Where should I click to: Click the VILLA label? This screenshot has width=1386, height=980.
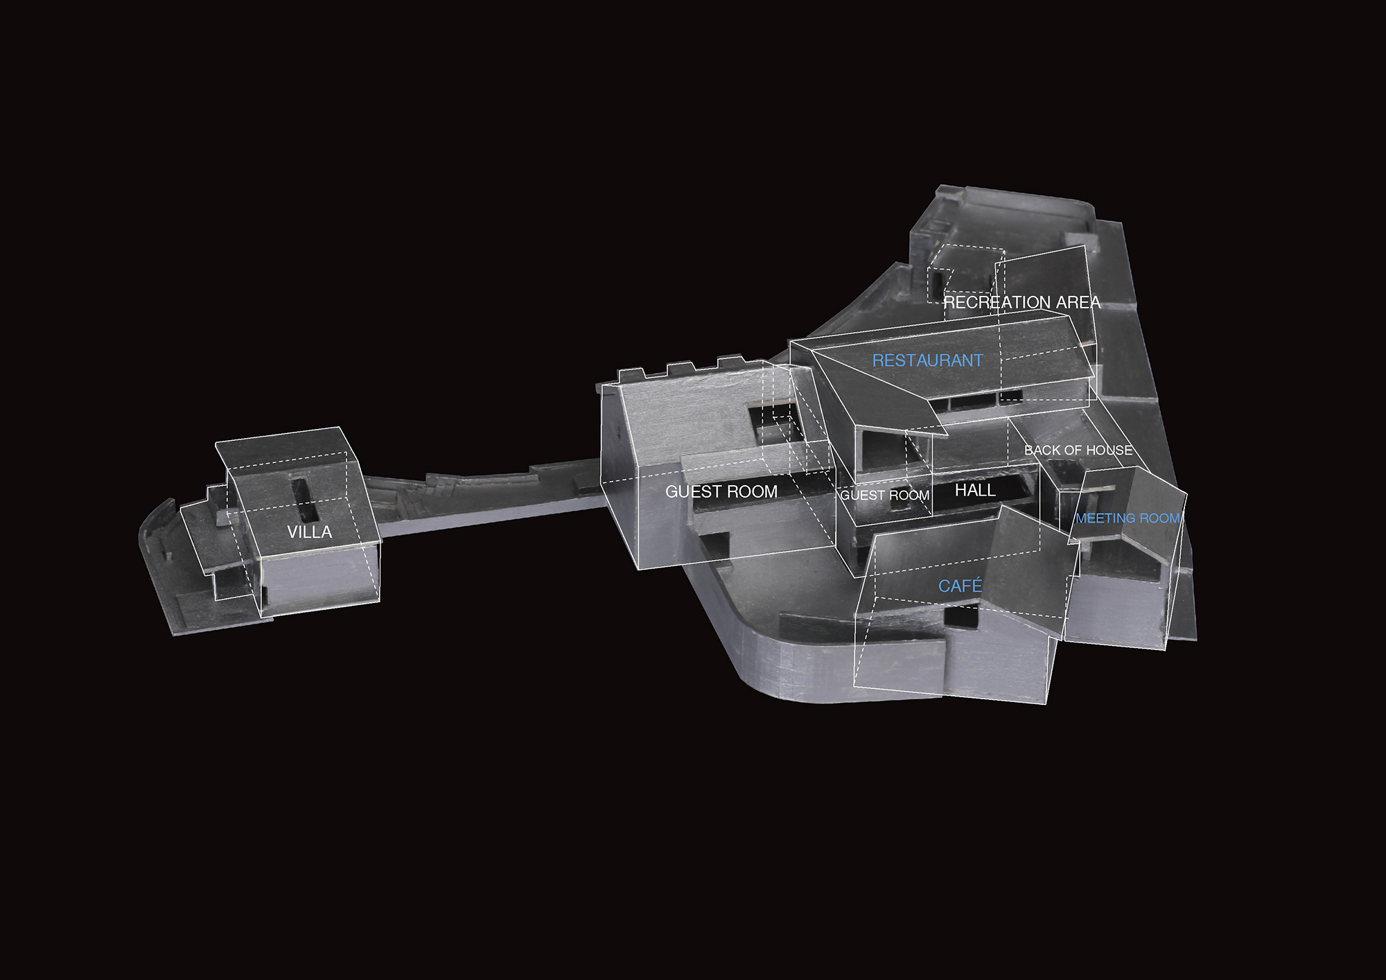pyautogui.click(x=310, y=532)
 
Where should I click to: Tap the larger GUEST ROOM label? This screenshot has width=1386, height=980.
pyautogui.click(x=721, y=492)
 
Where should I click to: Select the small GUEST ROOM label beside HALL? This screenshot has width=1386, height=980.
pyautogui.click(x=885, y=496)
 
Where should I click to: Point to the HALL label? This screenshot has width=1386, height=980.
pyautogui.click(x=975, y=491)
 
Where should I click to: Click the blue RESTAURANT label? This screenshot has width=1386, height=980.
pyautogui.click(x=927, y=360)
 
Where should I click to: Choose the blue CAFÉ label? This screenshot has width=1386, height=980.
pyautogui.click(x=960, y=586)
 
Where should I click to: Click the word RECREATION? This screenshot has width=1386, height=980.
pyautogui.click(x=997, y=302)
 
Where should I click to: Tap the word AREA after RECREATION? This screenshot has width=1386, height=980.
pyautogui.click(x=1078, y=302)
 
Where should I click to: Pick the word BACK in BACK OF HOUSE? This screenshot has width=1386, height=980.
pyautogui.click(x=1042, y=450)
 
